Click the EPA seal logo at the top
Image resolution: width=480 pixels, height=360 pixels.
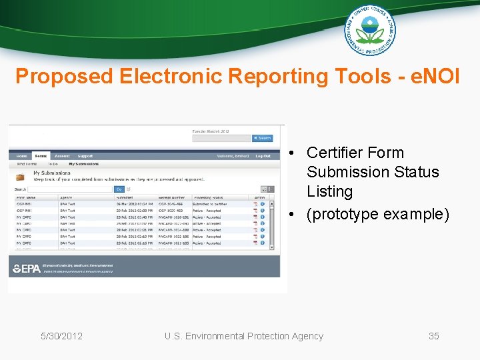coord(369,30)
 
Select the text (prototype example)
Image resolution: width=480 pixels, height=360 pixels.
coord(378,215)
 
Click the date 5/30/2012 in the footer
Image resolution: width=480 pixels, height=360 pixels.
coord(61,336)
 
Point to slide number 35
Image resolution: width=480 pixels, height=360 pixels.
coord(433,336)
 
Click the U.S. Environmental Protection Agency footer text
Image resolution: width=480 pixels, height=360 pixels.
coord(244,336)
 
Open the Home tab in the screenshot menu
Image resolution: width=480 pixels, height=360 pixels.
coord(22,156)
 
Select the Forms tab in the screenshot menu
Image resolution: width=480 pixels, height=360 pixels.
coord(41,156)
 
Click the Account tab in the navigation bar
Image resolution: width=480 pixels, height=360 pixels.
coord(62,156)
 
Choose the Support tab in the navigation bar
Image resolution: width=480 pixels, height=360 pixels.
coord(85,156)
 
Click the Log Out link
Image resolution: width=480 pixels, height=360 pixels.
coord(263,156)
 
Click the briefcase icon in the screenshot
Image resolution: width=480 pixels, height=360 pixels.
coord(20,177)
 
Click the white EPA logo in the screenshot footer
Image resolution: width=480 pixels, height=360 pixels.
coord(27,269)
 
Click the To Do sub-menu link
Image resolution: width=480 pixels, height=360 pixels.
coord(53,163)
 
